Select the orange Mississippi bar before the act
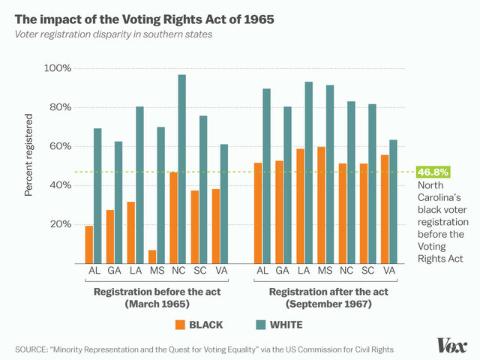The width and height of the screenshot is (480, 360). coord(151,256)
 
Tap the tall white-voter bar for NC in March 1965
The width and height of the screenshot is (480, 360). coord(181,169)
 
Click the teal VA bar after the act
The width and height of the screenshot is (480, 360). coord(393,201)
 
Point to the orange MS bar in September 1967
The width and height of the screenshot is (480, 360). coord(321,205)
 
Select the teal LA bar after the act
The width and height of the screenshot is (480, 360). coord(309,172)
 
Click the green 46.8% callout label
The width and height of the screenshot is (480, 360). coord(431,172)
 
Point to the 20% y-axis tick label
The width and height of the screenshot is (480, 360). coord(61,224)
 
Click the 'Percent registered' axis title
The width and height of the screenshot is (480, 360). coord(29,155)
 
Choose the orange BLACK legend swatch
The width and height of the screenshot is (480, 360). coord(180,325)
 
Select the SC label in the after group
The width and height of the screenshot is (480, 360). coord(367,271)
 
